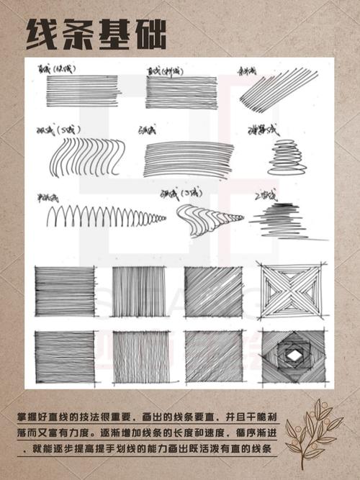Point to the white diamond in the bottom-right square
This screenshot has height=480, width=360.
294,355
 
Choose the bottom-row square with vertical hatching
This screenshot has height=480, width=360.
140,357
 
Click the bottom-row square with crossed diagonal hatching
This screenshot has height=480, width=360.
214,357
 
